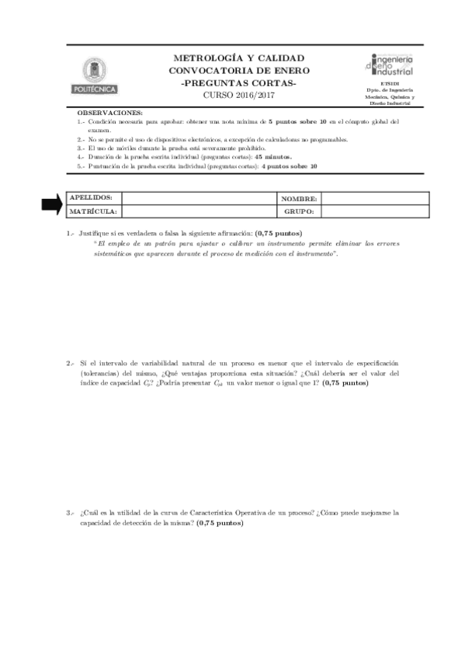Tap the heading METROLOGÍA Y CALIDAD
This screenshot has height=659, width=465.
(x=238, y=58)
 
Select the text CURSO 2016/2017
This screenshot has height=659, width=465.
(x=238, y=95)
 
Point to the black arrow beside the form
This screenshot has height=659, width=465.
(x=52, y=204)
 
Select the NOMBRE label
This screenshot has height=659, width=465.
(x=299, y=199)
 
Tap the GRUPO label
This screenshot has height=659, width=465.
(x=298, y=211)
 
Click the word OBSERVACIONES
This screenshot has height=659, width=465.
(x=109, y=113)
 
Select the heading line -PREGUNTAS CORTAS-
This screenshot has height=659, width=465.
(x=238, y=82)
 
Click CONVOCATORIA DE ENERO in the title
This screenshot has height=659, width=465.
(x=238, y=70)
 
